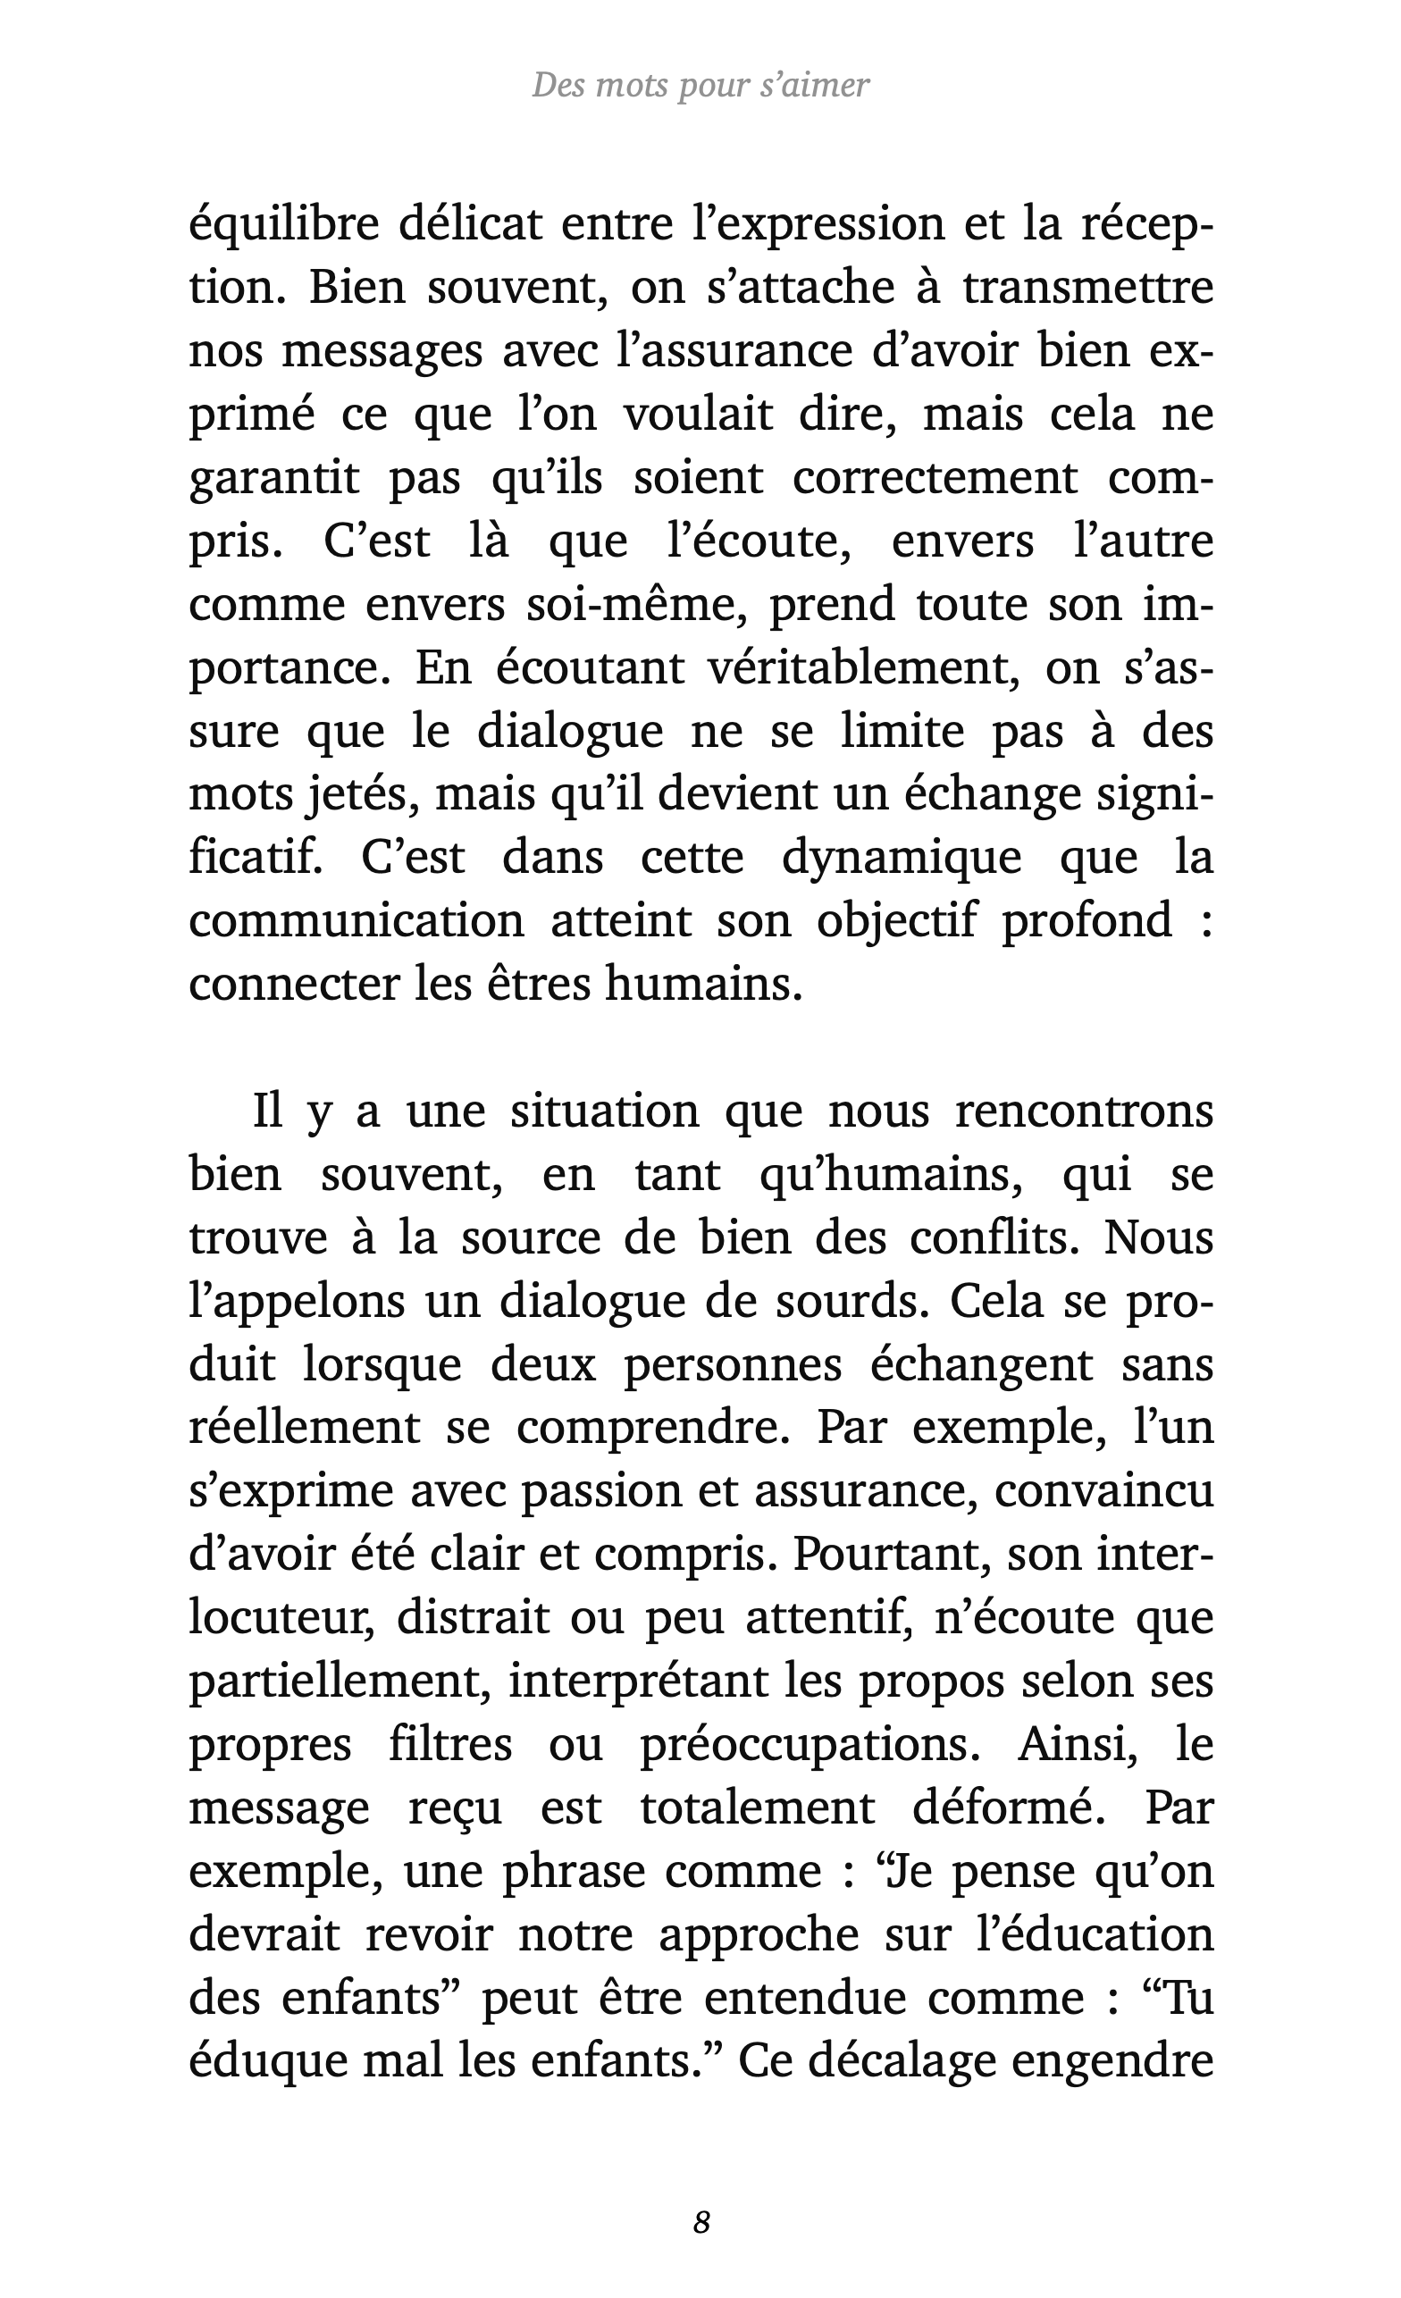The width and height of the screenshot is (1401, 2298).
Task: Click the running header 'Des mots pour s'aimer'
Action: pos(700,86)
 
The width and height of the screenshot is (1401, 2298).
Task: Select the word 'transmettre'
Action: pos(1087,289)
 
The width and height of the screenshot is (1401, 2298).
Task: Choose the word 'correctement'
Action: pos(935,478)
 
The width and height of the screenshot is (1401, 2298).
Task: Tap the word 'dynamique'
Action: pos(901,859)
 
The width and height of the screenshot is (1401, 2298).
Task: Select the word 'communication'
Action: pos(357,921)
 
